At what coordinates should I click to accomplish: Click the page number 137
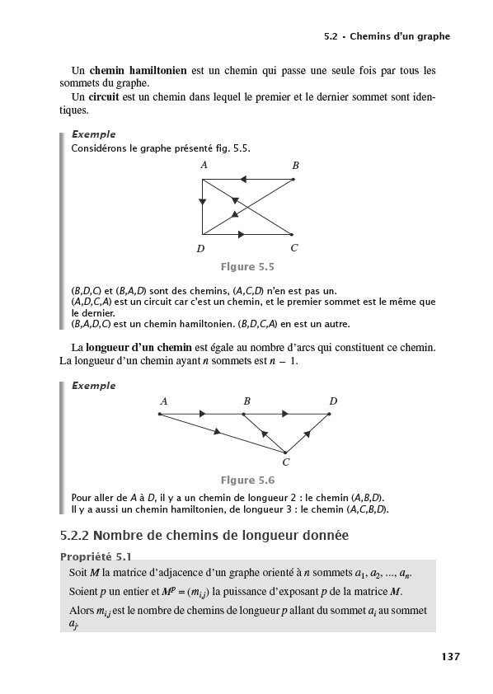[x=449, y=657]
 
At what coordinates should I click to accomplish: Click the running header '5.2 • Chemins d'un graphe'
[x=387, y=37]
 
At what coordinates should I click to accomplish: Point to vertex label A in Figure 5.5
[x=204, y=165]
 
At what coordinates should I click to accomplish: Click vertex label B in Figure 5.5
[x=295, y=166]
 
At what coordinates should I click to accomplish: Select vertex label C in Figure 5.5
[x=294, y=247]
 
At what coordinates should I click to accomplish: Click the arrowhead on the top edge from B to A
[x=243, y=179]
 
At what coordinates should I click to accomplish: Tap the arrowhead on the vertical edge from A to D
[x=203, y=202]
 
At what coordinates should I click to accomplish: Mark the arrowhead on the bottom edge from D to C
[x=241, y=234]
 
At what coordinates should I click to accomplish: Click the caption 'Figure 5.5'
[x=247, y=267]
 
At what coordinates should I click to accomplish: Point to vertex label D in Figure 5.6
[x=333, y=401]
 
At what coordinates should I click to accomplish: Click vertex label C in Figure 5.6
[x=285, y=462]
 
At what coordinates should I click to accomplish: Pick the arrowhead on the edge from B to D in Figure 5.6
[x=285, y=414]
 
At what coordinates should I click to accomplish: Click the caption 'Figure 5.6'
[x=247, y=481]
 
